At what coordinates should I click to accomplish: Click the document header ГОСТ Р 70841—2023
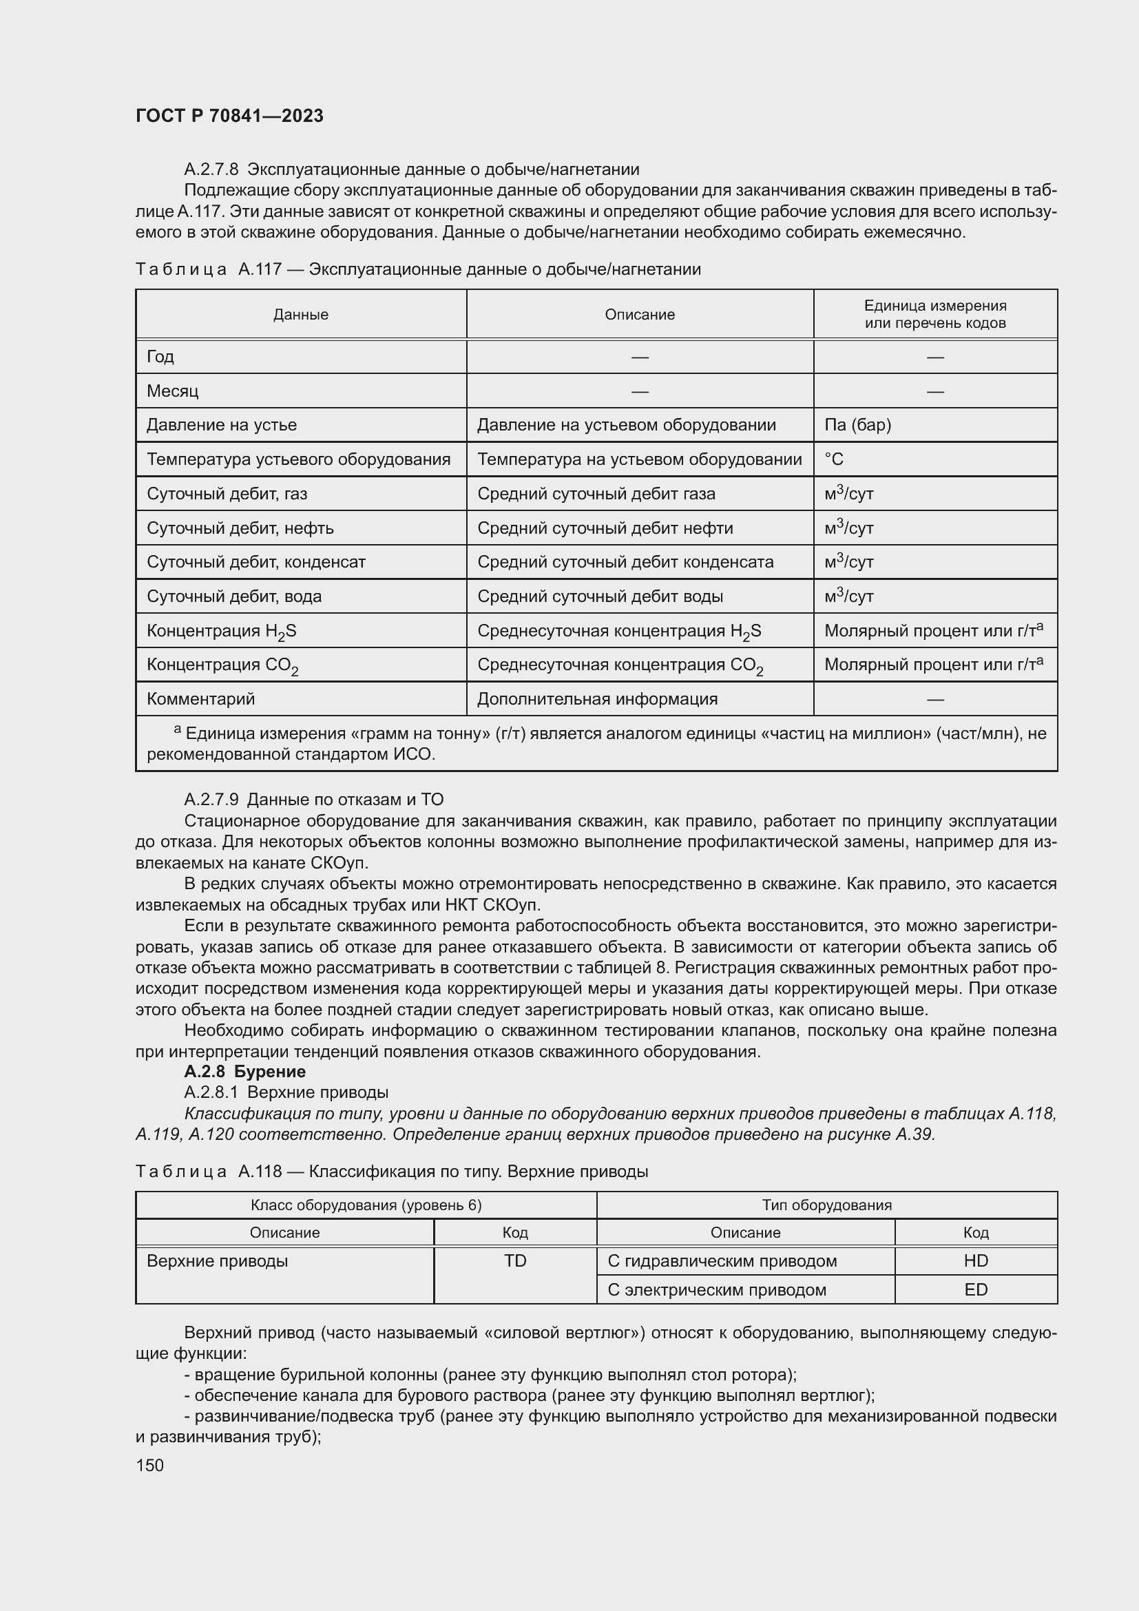point(229,116)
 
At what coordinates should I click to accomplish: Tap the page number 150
point(149,1465)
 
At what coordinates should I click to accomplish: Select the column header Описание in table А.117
point(640,314)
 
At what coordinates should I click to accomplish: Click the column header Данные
point(301,314)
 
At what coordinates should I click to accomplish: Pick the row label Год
point(160,357)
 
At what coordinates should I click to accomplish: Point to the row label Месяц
point(173,391)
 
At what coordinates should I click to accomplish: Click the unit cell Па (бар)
point(858,424)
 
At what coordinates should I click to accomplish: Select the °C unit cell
point(834,459)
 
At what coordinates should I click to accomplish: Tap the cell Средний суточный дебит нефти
point(605,528)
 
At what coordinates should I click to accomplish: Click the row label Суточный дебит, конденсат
point(256,562)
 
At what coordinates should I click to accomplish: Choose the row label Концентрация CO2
point(222,665)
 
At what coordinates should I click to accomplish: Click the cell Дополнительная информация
point(598,699)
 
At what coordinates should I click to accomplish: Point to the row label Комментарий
point(200,699)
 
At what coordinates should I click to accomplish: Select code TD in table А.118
point(515,1261)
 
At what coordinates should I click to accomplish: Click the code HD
point(976,1261)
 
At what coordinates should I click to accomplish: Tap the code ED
point(976,1289)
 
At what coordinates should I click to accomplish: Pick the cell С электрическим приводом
point(717,1289)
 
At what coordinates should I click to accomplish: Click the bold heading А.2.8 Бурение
point(244,1072)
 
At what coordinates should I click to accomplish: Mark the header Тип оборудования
point(827,1205)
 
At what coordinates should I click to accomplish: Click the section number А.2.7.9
point(211,799)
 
